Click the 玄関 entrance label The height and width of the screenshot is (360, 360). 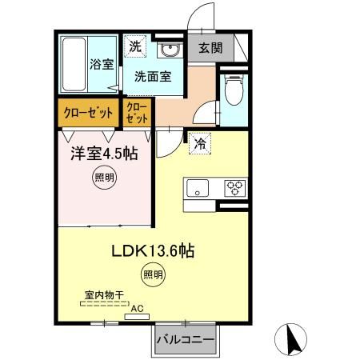(212, 49)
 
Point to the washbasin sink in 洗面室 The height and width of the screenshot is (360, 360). (169, 50)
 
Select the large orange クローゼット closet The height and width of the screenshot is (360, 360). (87, 112)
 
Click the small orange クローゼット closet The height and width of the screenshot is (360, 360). (137, 112)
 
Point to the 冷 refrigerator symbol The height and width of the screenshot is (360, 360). (198, 145)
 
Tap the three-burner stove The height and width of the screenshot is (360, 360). (235, 189)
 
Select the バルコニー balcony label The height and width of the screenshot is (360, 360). (185, 340)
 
